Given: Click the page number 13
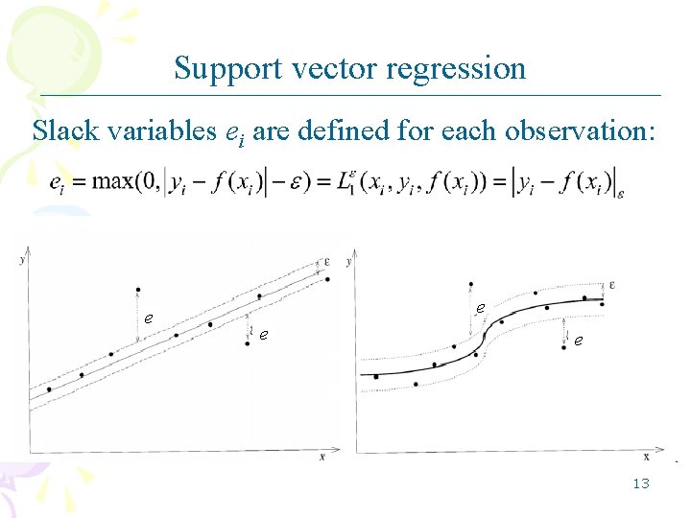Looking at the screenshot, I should (x=641, y=483).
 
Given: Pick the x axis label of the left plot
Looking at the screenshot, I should (x=322, y=458).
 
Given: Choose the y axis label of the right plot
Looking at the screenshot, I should (x=348, y=261).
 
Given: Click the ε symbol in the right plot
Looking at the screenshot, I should (x=612, y=285).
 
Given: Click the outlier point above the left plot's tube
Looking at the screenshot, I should (x=139, y=289).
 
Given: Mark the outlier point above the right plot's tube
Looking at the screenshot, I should (x=470, y=284).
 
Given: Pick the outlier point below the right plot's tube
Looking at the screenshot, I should (x=563, y=348).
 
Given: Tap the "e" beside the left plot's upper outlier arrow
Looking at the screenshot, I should (x=148, y=318).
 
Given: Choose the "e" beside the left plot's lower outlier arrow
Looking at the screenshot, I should (x=263, y=335).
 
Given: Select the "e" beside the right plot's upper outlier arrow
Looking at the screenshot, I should (x=480, y=308).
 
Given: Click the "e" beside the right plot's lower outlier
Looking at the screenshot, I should (x=578, y=340).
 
